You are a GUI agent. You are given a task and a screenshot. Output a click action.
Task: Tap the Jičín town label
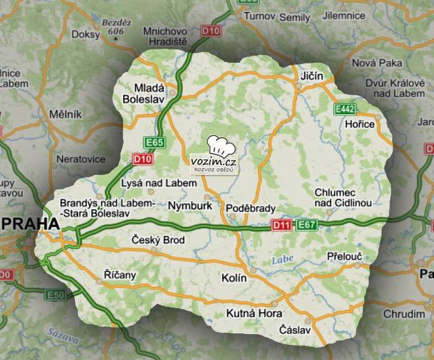(x=311, y=76)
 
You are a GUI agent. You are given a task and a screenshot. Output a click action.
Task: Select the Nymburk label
(x=188, y=206)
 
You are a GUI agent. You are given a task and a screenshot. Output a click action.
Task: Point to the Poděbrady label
(x=251, y=209)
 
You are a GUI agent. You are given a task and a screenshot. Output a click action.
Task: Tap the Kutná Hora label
(x=254, y=314)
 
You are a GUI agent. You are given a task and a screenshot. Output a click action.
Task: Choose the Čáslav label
(x=295, y=330)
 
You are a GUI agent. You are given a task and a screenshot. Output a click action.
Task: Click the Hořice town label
(x=360, y=124)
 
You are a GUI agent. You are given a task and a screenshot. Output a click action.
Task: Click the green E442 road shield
(x=345, y=110)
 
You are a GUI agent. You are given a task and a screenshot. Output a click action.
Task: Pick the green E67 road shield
(x=306, y=225)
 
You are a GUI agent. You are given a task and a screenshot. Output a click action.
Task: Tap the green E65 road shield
(x=151, y=142)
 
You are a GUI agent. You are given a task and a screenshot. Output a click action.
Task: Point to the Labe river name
(x=282, y=259)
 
